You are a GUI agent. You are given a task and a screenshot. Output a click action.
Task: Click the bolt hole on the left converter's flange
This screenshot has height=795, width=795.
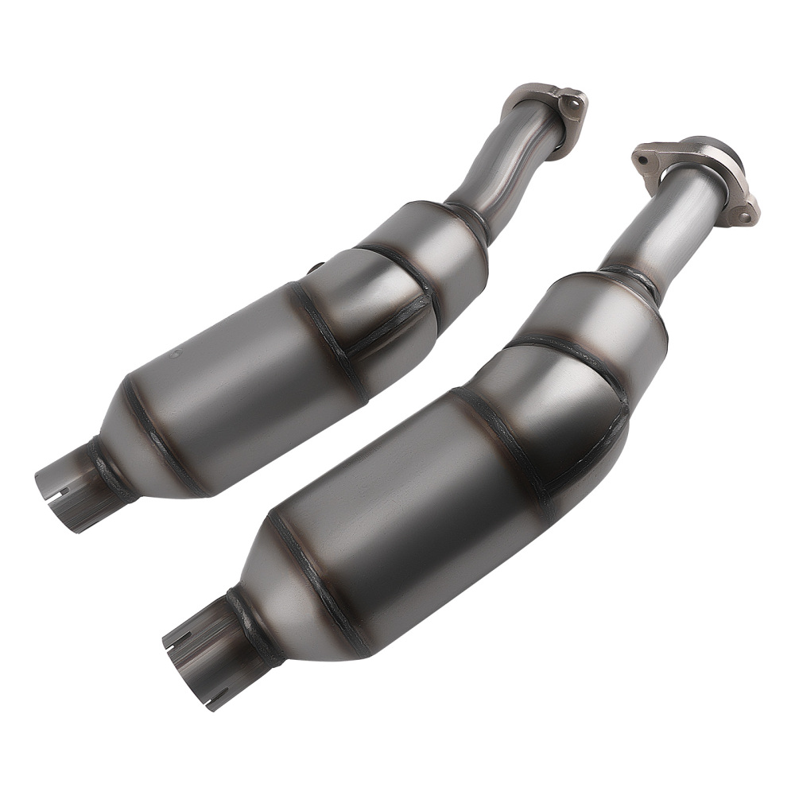[x=570, y=102]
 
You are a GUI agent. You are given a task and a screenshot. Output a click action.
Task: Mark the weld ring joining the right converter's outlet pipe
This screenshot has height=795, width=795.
[x=253, y=628]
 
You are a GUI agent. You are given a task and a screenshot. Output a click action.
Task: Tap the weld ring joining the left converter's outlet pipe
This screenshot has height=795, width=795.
[x=109, y=471]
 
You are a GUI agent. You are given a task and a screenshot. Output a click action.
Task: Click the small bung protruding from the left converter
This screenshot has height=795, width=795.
[x=315, y=268]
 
